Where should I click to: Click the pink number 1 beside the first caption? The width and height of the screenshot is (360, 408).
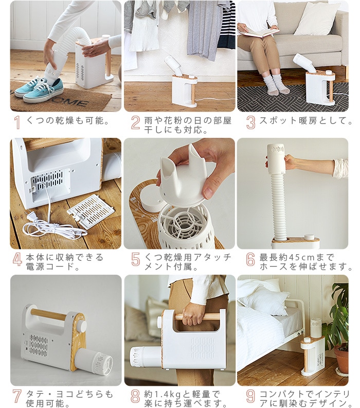coord(17,122)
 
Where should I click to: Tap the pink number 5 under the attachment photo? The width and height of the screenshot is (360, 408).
coord(136,259)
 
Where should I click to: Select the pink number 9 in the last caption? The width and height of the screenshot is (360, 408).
coord(250,396)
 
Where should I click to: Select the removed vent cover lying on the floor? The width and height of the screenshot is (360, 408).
coord(91,211)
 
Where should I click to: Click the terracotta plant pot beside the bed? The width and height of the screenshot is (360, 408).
coord(341,359)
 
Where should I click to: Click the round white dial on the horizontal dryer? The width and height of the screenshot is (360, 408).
coord(82,326)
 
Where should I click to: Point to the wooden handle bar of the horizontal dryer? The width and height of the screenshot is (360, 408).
coord(49,314)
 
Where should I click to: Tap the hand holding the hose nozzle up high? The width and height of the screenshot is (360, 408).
coord(291,162)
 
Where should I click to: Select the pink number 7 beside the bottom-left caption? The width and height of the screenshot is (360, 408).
coord(17,396)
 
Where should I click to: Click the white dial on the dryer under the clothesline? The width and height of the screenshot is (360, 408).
coord(192,77)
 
